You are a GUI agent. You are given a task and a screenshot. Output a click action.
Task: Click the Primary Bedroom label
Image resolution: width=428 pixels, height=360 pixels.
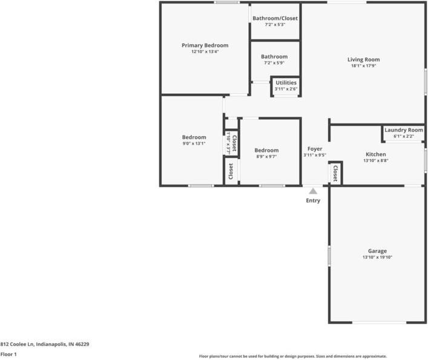coord(205,45)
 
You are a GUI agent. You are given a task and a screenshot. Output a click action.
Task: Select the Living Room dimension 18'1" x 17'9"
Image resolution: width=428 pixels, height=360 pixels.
coord(363,67)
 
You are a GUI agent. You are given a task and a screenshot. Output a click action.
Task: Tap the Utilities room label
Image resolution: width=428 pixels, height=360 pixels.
coord(286,82)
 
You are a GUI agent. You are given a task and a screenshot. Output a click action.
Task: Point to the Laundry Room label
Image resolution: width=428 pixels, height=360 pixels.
coord(403,130)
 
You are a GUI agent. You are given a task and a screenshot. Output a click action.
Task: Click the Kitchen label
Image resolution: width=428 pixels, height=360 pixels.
coord(375,154)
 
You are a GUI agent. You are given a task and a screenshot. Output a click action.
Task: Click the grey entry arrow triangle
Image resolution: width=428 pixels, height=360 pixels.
coord(313,191)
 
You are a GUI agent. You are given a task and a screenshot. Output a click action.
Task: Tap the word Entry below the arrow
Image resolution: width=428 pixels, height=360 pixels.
coord(313,201)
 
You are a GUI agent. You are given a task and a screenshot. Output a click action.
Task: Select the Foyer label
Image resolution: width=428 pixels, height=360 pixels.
coord(314,149)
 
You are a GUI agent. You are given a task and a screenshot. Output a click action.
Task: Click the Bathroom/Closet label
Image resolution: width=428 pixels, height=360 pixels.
coord(275,18)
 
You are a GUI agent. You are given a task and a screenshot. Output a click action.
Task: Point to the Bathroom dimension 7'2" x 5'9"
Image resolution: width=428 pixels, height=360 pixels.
coord(274,63)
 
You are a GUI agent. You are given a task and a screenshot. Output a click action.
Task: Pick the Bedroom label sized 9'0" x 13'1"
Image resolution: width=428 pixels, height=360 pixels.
coord(194,137)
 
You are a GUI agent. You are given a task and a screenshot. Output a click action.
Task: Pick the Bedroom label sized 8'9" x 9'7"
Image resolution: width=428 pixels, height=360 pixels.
coord(266,150)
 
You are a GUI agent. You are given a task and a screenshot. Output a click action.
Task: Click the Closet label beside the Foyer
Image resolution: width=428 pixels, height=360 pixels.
coord(335,173)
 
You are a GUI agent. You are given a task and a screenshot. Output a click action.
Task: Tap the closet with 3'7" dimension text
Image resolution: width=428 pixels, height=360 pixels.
coord(231,143)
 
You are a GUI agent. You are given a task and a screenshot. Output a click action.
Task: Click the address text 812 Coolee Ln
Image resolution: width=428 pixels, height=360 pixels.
coord(45,344)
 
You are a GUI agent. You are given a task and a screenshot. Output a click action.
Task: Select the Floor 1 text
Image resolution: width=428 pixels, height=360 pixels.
coord(8,354)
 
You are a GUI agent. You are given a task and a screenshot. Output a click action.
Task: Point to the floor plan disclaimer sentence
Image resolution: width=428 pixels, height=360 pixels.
coord(293,356)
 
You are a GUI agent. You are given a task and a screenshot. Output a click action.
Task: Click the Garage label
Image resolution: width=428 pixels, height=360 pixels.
coord(377,251)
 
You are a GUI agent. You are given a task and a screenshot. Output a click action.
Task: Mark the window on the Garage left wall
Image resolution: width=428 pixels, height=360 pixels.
coord(329,255)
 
